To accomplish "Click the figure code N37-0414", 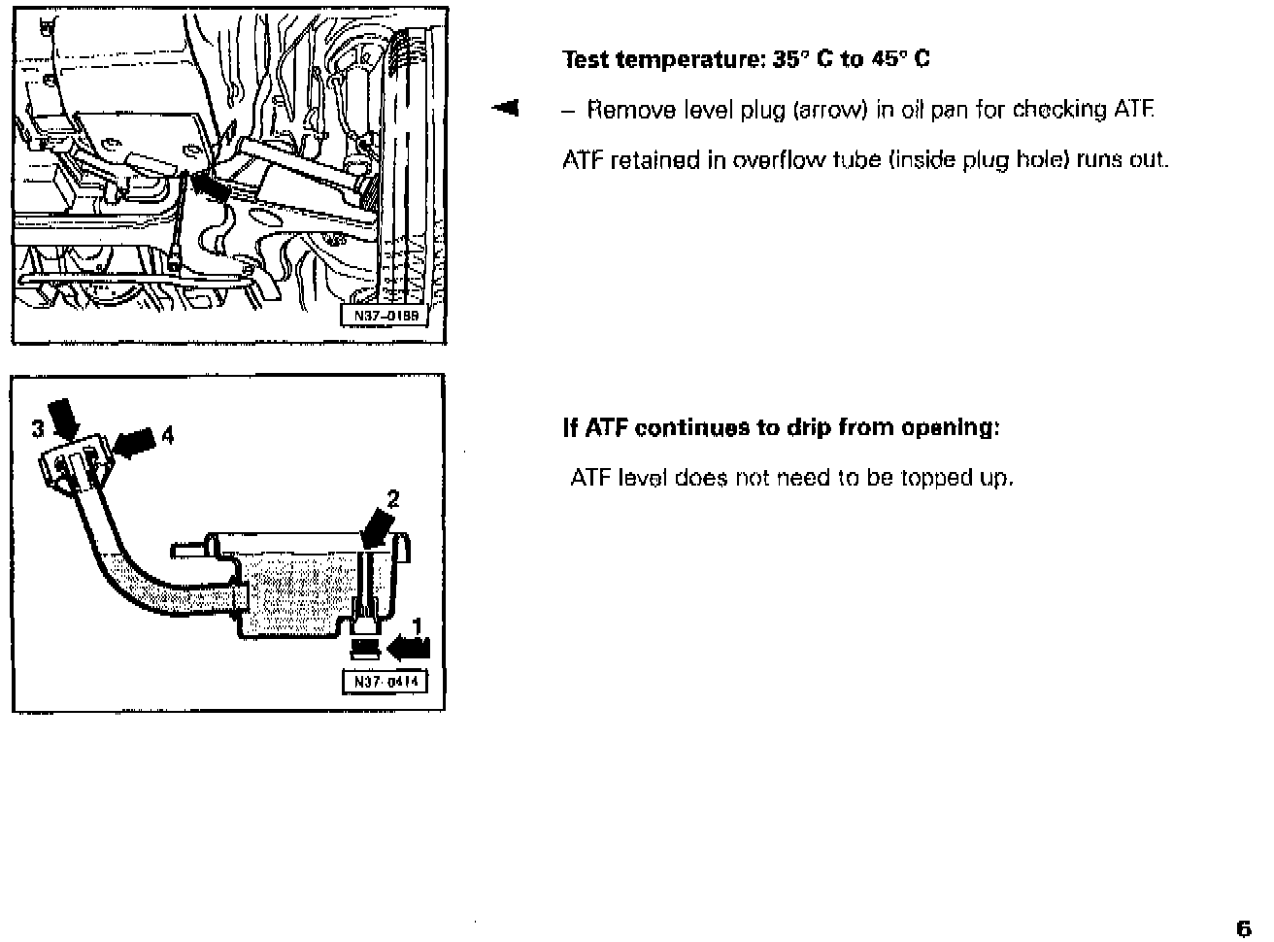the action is [x=384, y=682].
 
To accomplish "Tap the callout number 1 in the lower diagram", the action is [x=418, y=623].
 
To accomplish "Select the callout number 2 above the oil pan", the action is [x=392, y=499].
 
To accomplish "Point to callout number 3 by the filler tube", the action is [x=37, y=427].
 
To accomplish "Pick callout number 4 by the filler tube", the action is [x=167, y=435].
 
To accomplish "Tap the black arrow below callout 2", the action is [x=378, y=530].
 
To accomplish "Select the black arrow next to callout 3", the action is [x=66, y=421].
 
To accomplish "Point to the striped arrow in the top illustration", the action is [x=211, y=184].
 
